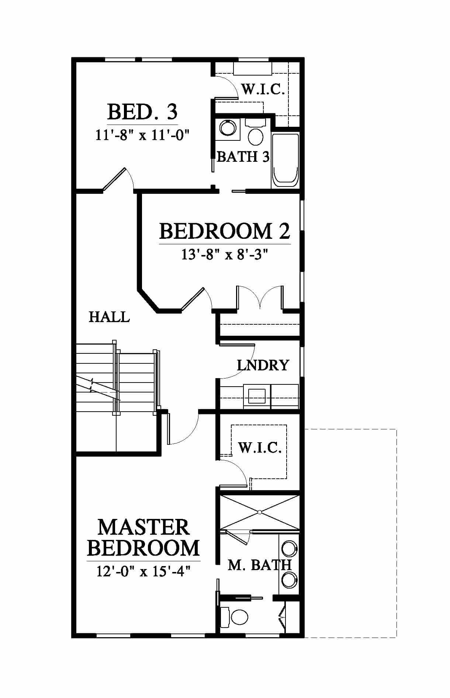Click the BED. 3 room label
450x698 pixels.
142,112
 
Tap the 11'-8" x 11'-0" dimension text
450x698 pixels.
142,135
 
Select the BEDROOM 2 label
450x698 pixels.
225,231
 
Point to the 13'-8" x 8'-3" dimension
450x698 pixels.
224,254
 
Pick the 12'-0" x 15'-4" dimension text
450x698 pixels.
143,571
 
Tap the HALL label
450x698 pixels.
109,317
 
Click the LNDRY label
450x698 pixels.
263,365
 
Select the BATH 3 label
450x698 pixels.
243,157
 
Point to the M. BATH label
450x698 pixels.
260,565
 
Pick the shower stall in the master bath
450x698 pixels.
260,512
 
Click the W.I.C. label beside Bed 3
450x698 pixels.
263,89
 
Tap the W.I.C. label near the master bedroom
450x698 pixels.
260,448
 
